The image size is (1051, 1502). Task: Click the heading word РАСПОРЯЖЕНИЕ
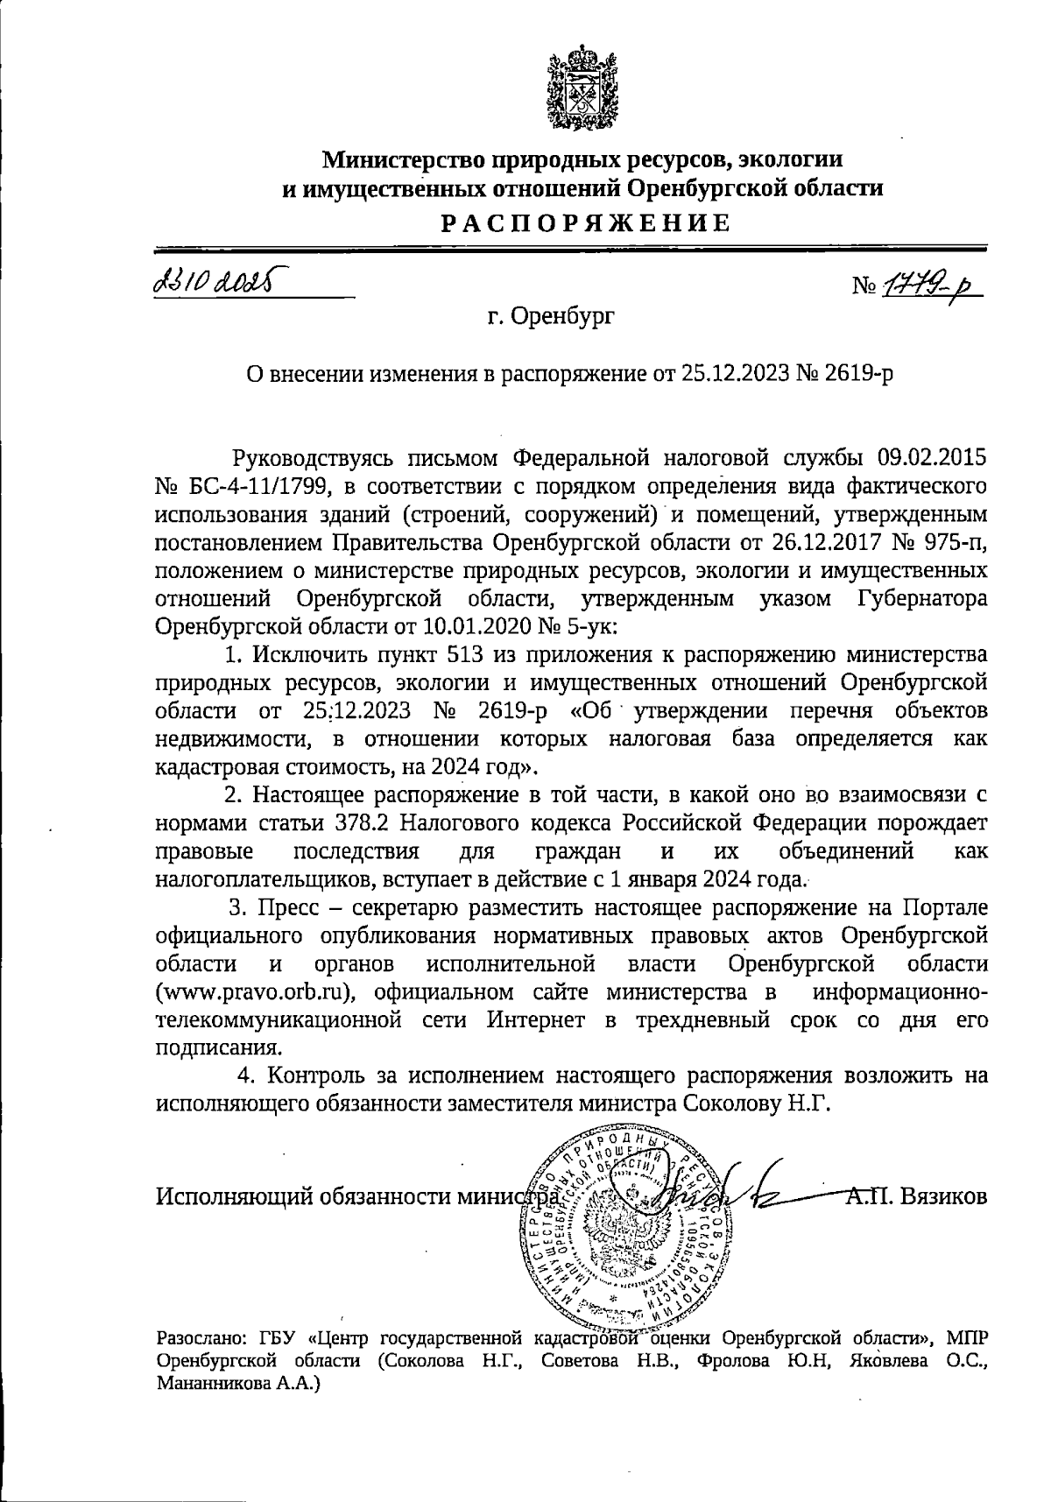tap(584, 223)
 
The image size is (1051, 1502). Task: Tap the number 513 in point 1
tap(470, 654)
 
